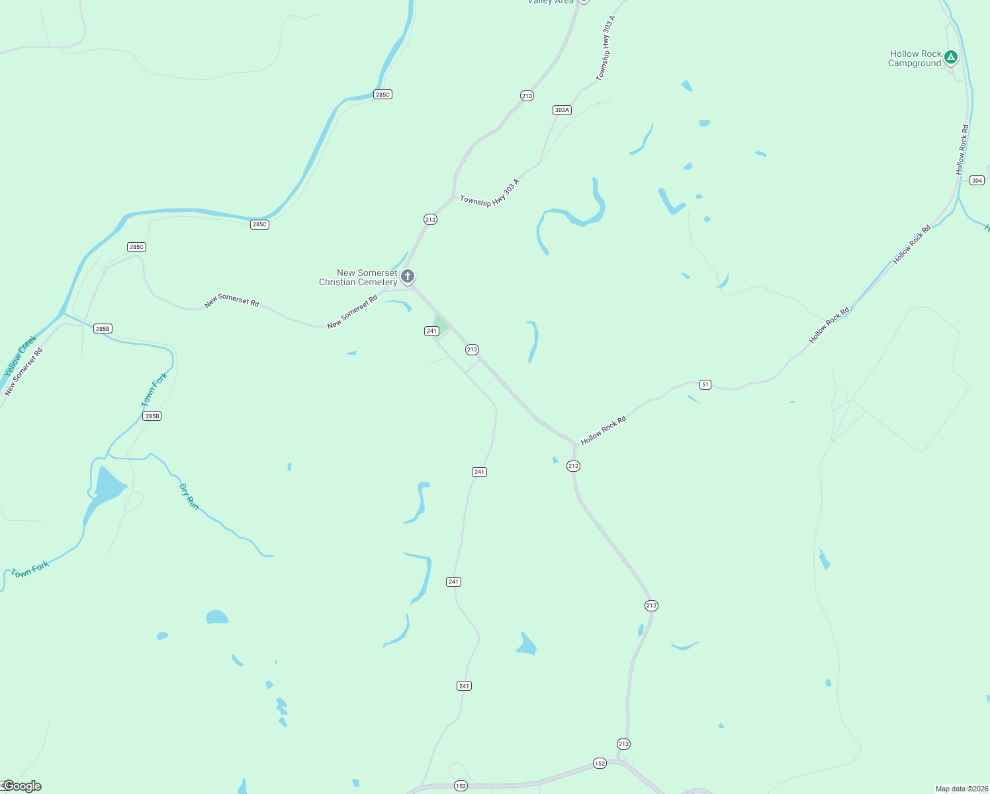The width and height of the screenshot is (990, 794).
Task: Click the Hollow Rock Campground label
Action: (x=915, y=59)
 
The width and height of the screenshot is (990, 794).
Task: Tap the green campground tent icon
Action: (x=951, y=58)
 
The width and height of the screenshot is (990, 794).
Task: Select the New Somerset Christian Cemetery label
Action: (x=358, y=277)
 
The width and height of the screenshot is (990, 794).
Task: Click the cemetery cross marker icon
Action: (x=408, y=276)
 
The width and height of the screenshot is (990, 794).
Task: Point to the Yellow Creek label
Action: (x=20, y=357)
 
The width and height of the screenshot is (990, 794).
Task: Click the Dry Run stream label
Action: (x=189, y=496)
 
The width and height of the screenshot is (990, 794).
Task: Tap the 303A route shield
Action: (x=562, y=110)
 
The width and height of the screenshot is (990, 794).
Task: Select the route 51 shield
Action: (x=705, y=384)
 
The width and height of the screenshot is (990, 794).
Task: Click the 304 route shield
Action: (x=977, y=181)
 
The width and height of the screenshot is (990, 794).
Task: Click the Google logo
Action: (x=22, y=786)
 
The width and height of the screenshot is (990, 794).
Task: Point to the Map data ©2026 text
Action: (x=961, y=789)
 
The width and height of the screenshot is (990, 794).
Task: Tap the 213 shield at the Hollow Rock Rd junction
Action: (x=573, y=466)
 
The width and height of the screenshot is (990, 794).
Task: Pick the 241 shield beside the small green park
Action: (x=431, y=331)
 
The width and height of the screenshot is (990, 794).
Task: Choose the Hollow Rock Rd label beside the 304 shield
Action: (x=962, y=150)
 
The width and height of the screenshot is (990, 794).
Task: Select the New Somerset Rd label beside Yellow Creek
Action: (x=24, y=372)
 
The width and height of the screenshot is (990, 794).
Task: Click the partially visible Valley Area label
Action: (x=551, y=2)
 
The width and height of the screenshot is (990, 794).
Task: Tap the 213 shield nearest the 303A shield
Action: (x=527, y=96)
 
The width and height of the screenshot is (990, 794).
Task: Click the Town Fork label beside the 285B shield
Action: (x=155, y=390)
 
